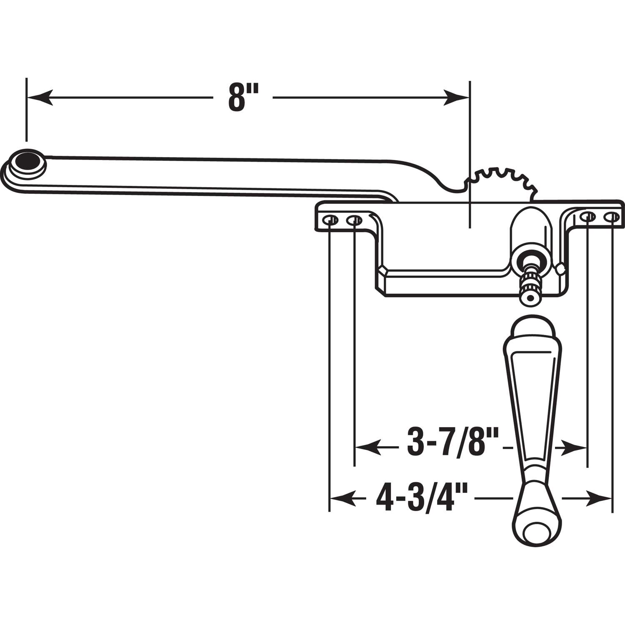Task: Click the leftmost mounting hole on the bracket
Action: pyautogui.click(x=330, y=220)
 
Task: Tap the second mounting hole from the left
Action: pyautogui.click(x=354, y=220)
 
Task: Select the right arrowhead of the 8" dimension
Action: pyautogui.click(x=457, y=97)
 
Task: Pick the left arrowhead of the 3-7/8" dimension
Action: pyautogui.click(x=367, y=448)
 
